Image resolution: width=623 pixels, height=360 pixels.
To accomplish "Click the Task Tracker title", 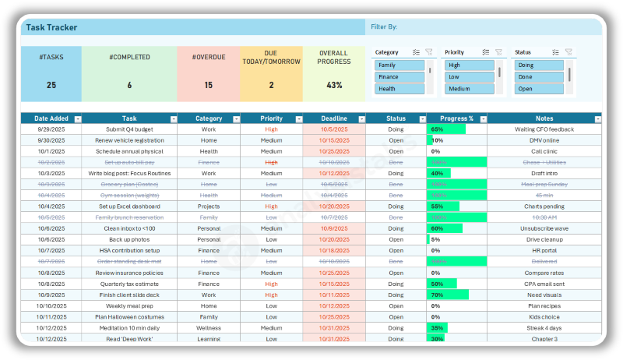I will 51,27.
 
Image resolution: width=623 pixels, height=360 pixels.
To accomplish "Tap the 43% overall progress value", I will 334,85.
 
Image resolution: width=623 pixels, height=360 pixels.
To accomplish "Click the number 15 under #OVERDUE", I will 208,85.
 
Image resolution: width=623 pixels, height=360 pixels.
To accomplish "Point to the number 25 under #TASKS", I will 51,85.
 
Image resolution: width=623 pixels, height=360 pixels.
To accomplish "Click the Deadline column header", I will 329,118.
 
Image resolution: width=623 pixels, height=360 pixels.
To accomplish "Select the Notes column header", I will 544,118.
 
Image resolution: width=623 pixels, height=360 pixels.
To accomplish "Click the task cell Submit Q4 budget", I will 129,129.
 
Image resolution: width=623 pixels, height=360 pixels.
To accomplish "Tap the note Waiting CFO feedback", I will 544,129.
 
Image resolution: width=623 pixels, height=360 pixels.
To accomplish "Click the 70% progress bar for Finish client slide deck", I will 448,295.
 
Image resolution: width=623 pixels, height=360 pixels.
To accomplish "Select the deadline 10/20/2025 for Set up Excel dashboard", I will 333,206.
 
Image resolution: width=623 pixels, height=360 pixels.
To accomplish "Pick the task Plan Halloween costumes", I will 129,317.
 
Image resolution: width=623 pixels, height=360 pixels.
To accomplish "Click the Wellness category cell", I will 208,328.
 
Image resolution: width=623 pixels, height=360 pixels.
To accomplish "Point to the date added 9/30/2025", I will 51,140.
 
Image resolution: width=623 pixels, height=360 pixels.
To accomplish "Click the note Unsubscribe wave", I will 544,228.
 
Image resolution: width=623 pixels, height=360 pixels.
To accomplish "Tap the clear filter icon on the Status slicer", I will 568,52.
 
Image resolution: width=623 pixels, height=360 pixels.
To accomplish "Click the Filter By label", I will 384,27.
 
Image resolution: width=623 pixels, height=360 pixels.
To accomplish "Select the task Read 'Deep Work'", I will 129,339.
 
